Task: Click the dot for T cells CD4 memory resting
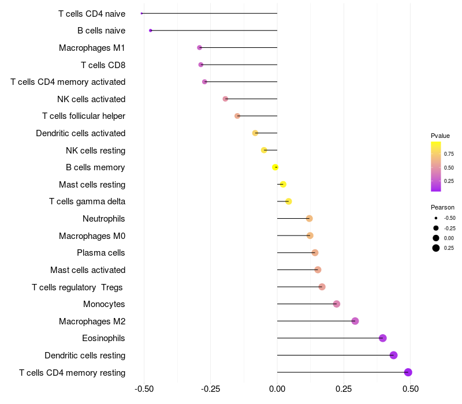click(x=408, y=372)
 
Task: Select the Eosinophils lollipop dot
click(x=382, y=338)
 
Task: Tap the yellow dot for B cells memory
click(x=275, y=167)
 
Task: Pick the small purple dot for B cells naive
click(x=151, y=30)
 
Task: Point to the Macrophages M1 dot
click(x=200, y=47)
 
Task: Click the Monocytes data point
click(x=337, y=304)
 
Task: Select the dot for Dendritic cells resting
click(x=394, y=355)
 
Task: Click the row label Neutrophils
click(x=104, y=219)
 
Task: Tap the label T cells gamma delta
click(x=87, y=201)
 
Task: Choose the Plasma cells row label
click(x=101, y=253)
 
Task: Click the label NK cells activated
click(x=91, y=99)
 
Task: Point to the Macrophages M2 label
click(x=92, y=321)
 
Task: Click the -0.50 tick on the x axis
click(x=144, y=389)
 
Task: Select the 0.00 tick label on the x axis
click(x=277, y=389)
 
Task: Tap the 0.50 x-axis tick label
click(x=410, y=389)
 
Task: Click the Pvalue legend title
click(x=440, y=136)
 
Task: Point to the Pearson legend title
click(x=442, y=207)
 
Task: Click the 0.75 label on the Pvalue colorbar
click(x=449, y=154)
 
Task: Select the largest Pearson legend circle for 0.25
click(x=436, y=248)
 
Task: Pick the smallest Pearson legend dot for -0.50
click(x=436, y=218)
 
